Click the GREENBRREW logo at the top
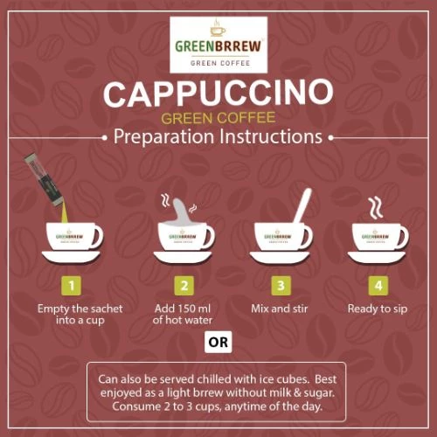(218, 45)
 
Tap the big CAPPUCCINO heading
(218, 94)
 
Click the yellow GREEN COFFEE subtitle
(218, 118)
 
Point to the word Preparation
(163, 137)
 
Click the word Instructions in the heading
(271, 136)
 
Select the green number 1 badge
(72, 286)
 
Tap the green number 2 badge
(184, 286)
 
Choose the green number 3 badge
(281, 286)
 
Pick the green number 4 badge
(378, 286)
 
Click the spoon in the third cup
(302, 206)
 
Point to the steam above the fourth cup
(375, 207)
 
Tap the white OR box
(218, 342)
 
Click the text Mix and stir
(280, 309)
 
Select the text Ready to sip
(378, 309)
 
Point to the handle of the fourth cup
(403, 237)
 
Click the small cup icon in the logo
(218, 28)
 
